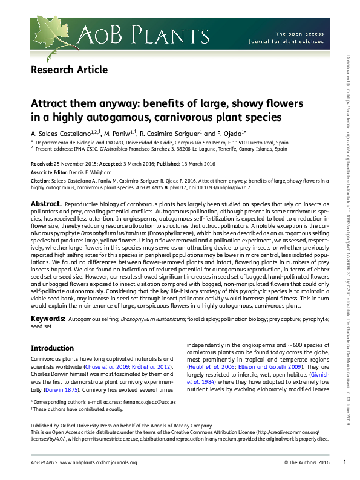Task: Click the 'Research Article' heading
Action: pyautogui.click(x=69, y=70)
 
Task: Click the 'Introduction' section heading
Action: pyautogui.click(x=52, y=348)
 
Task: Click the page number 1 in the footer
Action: pyautogui.click(x=344, y=462)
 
